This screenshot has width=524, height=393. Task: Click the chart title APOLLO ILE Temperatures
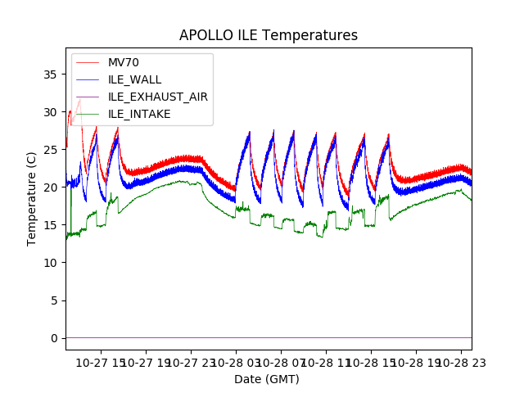click(269, 36)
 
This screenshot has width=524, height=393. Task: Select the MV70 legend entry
click(124, 63)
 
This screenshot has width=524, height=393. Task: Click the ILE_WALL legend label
click(135, 80)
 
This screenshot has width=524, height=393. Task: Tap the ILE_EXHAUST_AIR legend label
click(158, 97)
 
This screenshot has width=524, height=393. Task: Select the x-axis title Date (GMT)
click(267, 379)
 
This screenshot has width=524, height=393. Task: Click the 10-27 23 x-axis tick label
click(191, 362)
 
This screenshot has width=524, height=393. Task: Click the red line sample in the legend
click(90, 63)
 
